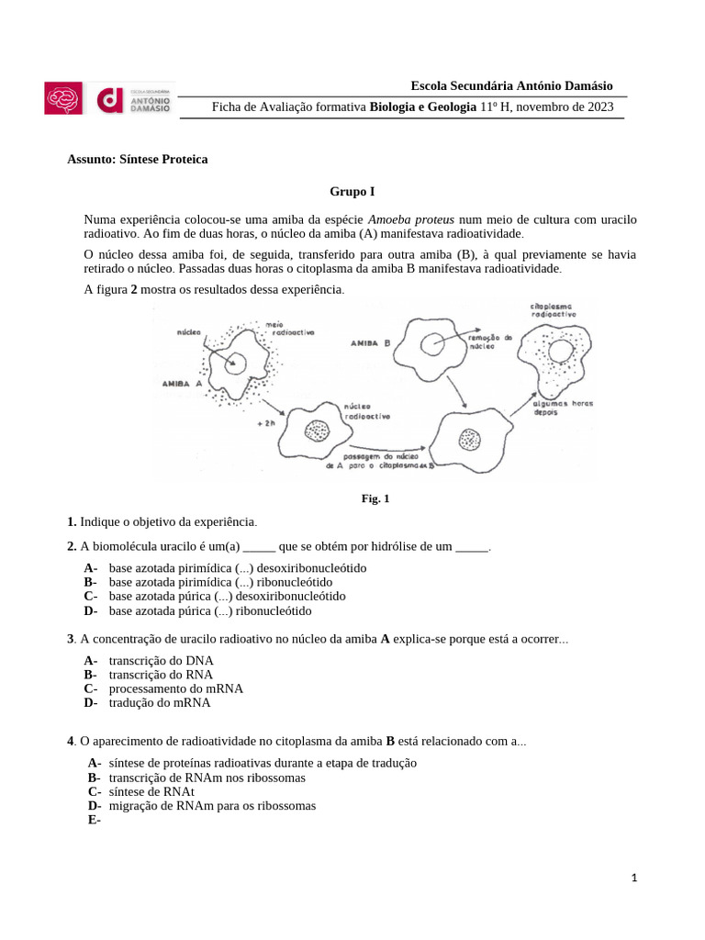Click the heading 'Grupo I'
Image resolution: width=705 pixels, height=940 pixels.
[352, 192]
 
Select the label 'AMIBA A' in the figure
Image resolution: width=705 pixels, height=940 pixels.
[181, 384]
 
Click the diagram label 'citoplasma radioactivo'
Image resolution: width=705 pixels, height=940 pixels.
[554, 308]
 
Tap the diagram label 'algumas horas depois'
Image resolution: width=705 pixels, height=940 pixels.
[563, 408]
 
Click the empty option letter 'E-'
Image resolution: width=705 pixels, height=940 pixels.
[94, 821]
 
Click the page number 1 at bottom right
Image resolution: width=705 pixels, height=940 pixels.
[634, 878]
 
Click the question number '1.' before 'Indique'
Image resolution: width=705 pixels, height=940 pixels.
[72, 521]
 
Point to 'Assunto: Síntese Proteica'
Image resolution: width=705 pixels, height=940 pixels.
[138, 159]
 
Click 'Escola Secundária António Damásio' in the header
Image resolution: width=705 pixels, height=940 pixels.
[512, 85]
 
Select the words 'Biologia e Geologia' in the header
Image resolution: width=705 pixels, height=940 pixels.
[423, 107]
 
